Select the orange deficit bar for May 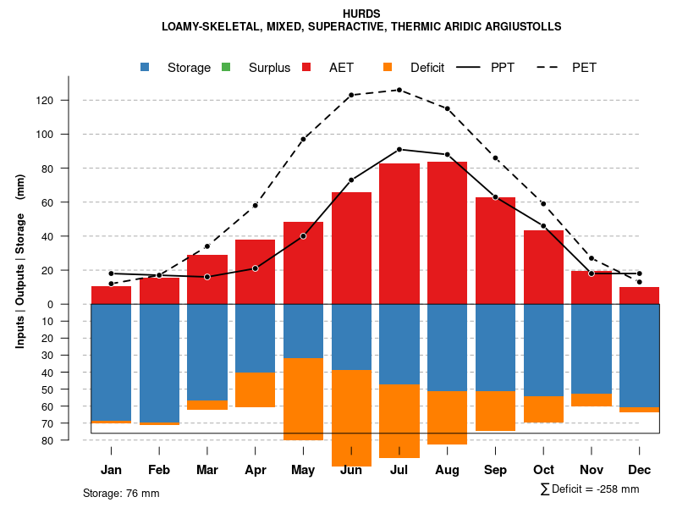303,399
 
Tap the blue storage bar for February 159,362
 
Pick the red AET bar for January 111,295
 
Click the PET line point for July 399,90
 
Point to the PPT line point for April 255,268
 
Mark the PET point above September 495,158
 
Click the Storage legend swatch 146,67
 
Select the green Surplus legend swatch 226,67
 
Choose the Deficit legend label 427,68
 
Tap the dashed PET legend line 551,67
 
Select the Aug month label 447,470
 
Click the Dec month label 639,470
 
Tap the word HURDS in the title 361,14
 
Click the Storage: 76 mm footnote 121,493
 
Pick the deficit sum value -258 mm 617,489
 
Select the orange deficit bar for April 255,389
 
